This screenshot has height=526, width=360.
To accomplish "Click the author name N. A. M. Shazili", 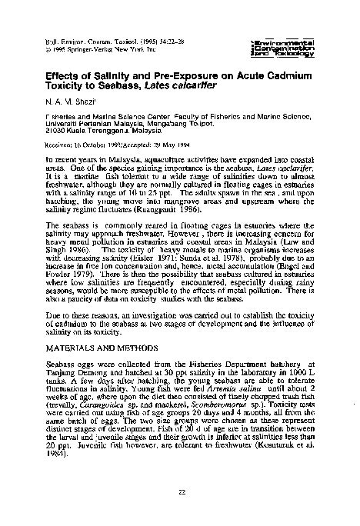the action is pos(68,102).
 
